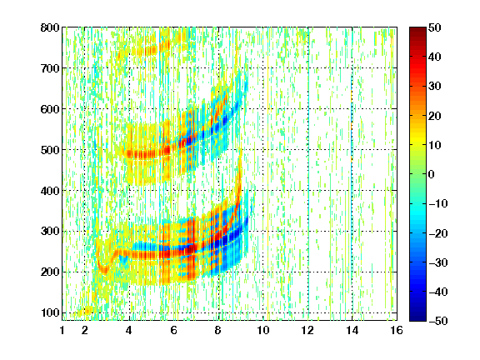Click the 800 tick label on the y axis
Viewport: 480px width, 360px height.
[50, 27]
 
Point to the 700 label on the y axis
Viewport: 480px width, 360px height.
[50, 68]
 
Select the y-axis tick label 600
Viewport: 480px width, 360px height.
[50, 109]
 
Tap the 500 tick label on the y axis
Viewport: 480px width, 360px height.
[50, 150]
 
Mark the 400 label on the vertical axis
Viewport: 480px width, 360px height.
[50, 191]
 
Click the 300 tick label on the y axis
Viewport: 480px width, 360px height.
[50, 232]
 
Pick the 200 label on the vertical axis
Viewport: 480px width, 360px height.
[50, 272]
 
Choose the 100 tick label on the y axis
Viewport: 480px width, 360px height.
[50, 312]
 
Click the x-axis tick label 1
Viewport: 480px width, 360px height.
[62, 330]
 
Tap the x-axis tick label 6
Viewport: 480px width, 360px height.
[173, 330]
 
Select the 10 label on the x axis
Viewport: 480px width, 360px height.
[262, 330]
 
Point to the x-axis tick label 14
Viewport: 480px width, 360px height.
[352, 330]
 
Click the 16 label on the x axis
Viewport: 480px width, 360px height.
[397, 330]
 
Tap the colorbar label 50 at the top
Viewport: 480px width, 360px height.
[434, 27]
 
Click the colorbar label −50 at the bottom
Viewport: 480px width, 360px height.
[438, 321]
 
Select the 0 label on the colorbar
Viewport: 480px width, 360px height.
[432, 174]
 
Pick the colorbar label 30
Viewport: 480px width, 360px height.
[434, 87]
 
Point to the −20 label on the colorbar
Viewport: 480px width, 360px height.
[438, 233]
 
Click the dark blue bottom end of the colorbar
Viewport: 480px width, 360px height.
[417, 318]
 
